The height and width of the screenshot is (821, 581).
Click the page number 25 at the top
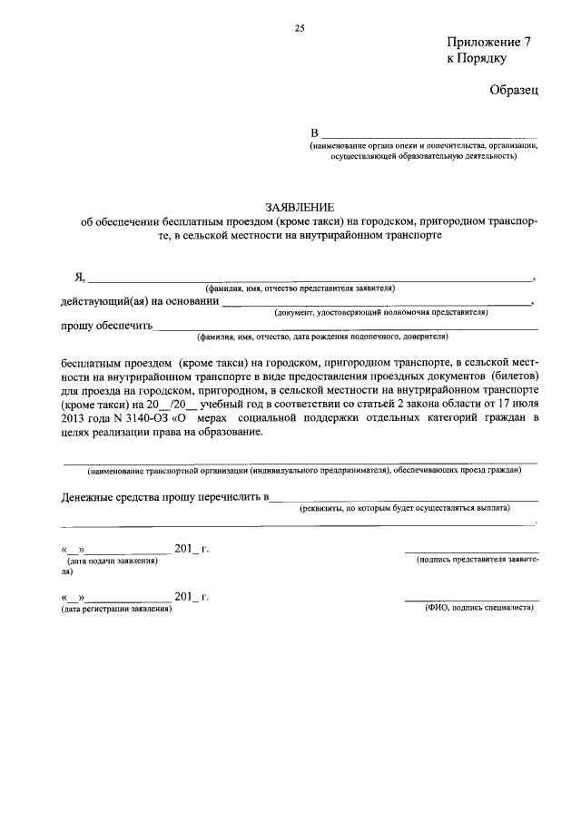click(x=299, y=28)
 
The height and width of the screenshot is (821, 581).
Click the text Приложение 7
click(x=487, y=43)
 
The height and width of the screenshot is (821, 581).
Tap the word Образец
click(x=514, y=90)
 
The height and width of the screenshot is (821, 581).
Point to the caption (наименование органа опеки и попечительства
click(x=425, y=145)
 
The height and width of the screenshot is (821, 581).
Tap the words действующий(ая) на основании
click(x=140, y=301)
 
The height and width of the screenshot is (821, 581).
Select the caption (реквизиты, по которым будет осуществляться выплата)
click(x=405, y=508)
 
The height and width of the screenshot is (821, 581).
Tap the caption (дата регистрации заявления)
click(x=116, y=608)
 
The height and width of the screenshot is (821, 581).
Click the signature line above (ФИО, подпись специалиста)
click(x=471, y=600)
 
